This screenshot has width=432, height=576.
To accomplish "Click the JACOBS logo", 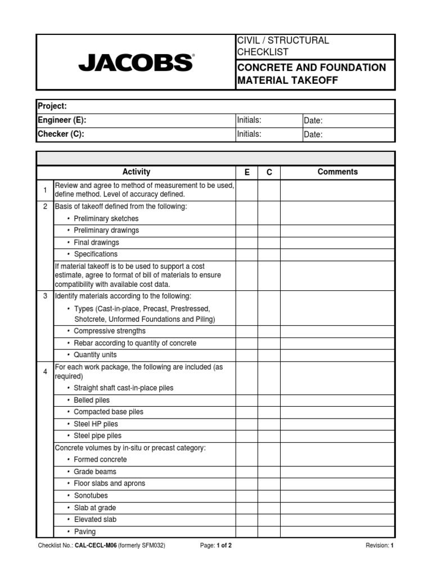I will tap(136, 62).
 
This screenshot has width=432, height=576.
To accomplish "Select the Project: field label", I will tap(52, 106).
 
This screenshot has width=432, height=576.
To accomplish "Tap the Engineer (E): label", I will tap(62, 120).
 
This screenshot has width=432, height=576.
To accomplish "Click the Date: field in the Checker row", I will tap(313, 134).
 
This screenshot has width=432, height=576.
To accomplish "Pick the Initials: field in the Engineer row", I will tap(250, 120).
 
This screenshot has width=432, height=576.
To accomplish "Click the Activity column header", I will tap(136, 172).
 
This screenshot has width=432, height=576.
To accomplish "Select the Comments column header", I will tap(337, 172).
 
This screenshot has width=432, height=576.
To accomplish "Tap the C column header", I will tap(269, 172).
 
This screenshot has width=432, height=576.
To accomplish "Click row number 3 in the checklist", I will tap(45, 296).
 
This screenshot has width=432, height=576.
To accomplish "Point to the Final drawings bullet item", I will tap(96, 242).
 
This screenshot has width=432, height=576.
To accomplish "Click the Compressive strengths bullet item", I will tap(109, 331).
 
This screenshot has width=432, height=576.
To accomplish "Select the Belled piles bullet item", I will tap(92, 400).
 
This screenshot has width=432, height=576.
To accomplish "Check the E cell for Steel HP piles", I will tap(247, 424).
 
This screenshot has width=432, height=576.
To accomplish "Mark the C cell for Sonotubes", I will tap(269, 496).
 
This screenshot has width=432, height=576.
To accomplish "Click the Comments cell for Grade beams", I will tap(337, 471).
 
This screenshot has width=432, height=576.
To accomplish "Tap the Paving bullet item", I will tap(85, 532).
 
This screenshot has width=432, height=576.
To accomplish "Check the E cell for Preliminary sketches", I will tap(247, 219).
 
